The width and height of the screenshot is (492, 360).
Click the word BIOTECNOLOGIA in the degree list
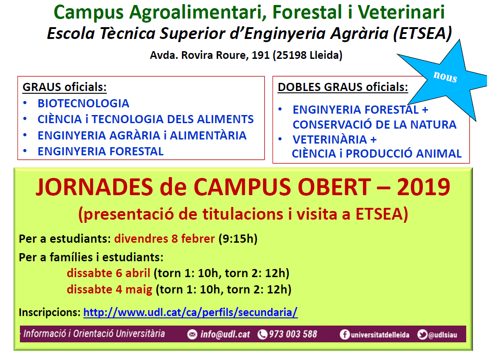coord(83,103)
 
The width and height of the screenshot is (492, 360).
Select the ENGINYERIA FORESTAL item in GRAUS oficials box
coord(100,151)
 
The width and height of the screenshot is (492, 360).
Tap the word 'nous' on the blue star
coord(445,77)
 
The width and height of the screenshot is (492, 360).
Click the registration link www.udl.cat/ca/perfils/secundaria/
coord(190,312)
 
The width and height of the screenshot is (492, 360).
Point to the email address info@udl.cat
coord(225,334)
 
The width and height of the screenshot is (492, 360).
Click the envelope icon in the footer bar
coord(192,335)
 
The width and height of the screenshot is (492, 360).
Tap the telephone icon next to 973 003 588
coord(262,335)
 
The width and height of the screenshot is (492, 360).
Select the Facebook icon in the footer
coord(344,335)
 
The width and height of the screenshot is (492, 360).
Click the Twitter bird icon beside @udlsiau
coord(422,335)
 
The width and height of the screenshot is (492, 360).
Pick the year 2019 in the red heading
coord(424,187)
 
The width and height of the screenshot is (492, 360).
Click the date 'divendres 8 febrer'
coord(164,239)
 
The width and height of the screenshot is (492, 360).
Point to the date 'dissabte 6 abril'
coord(109,273)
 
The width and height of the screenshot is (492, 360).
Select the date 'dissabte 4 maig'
coord(110,289)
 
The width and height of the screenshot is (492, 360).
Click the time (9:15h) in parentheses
coord(238,239)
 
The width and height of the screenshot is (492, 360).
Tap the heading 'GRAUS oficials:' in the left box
coord(65,87)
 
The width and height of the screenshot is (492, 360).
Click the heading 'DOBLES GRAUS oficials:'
coord(343,87)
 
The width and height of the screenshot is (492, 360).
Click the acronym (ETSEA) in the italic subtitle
coord(422,33)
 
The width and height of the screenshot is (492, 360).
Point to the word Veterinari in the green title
coord(401,12)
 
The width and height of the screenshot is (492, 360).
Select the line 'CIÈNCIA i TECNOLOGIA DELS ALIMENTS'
coord(146,119)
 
